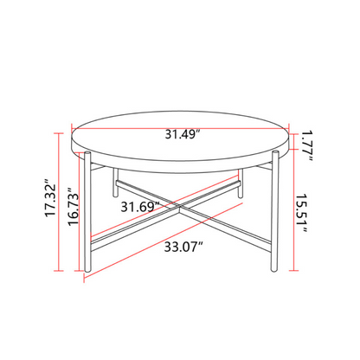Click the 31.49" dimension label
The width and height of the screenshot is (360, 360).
point(183,134)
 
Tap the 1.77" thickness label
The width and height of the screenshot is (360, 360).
point(307,146)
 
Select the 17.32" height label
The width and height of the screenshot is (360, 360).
point(51,199)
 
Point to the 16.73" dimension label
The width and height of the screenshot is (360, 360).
point(74,207)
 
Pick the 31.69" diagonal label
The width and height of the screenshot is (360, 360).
point(140,207)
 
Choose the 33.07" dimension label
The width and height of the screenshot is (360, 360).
point(183,247)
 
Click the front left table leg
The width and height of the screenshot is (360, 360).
point(87,211)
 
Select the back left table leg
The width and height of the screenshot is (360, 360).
point(115,183)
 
